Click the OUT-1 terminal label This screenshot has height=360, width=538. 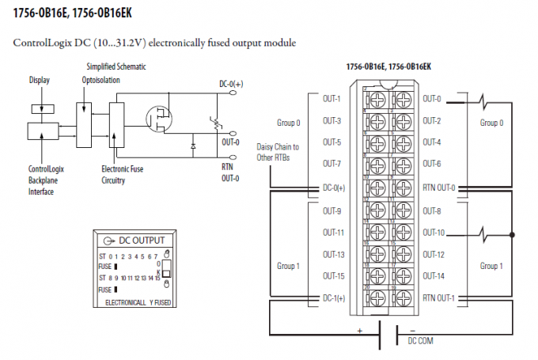pos(331,99)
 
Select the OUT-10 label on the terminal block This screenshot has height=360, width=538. pos(433,233)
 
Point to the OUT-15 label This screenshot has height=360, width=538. pos(332,275)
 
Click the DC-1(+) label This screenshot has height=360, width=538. pos(333,297)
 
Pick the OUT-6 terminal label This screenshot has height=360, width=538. pos(432,165)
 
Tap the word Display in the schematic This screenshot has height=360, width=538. pos(40,80)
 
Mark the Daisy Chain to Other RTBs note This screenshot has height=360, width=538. pos(278,152)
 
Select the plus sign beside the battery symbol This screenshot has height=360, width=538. pos(360,330)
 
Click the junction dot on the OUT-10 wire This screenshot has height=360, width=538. pos(514,234)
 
